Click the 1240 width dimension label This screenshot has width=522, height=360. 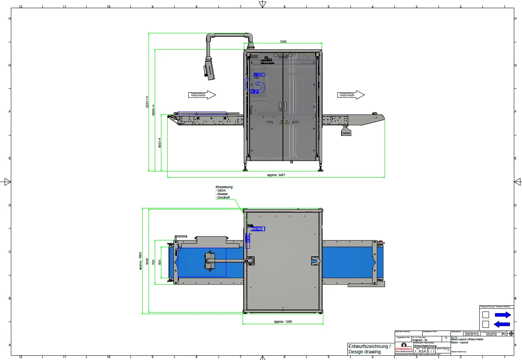(x=283, y=42)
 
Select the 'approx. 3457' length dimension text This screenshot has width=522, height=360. (x=276, y=175)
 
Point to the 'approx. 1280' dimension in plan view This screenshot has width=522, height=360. (x=283, y=322)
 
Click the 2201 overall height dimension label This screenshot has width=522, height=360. (x=147, y=102)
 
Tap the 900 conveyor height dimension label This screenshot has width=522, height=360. (x=160, y=143)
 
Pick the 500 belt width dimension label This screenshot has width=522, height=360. (x=160, y=263)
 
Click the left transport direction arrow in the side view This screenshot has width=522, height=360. (x=202, y=95)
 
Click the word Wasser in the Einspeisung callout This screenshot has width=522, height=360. (x=222, y=194)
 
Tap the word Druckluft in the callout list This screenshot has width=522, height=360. (x=223, y=197)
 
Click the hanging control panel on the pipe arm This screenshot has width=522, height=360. (x=209, y=69)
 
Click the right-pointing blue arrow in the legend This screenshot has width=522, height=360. (x=503, y=315)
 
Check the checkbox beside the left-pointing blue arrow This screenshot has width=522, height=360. (x=486, y=324)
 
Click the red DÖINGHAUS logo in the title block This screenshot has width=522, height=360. (x=404, y=349)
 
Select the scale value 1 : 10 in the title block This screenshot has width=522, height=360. (x=418, y=351)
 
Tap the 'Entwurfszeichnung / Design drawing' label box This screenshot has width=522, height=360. (x=369, y=349)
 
